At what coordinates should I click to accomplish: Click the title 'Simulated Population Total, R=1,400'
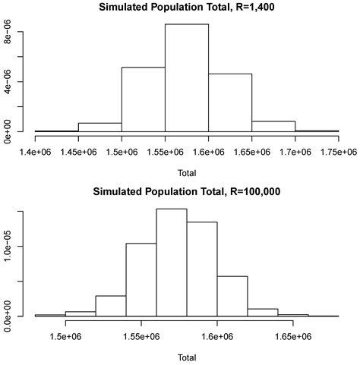tap(186, 8)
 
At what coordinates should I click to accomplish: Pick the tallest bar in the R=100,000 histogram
tap(172, 263)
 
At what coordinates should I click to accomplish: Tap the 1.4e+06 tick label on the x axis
tap(36, 152)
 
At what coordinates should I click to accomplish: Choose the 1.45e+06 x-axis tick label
tap(79, 152)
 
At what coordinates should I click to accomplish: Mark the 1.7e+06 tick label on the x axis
tap(295, 152)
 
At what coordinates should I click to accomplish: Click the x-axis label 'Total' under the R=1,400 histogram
tap(187, 172)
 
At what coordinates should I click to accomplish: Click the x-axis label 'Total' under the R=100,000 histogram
tap(187, 357)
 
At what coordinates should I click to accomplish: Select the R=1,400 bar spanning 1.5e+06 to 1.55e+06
tap(144, 99)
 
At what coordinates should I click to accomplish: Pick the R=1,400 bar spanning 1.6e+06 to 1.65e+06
tap(230, 102)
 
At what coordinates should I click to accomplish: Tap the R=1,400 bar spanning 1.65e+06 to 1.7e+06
tap(273, 127)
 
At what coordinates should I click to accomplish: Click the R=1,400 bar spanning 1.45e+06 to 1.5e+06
tap(100, 127)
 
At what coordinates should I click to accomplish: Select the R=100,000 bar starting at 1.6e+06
tap(232, 296)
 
